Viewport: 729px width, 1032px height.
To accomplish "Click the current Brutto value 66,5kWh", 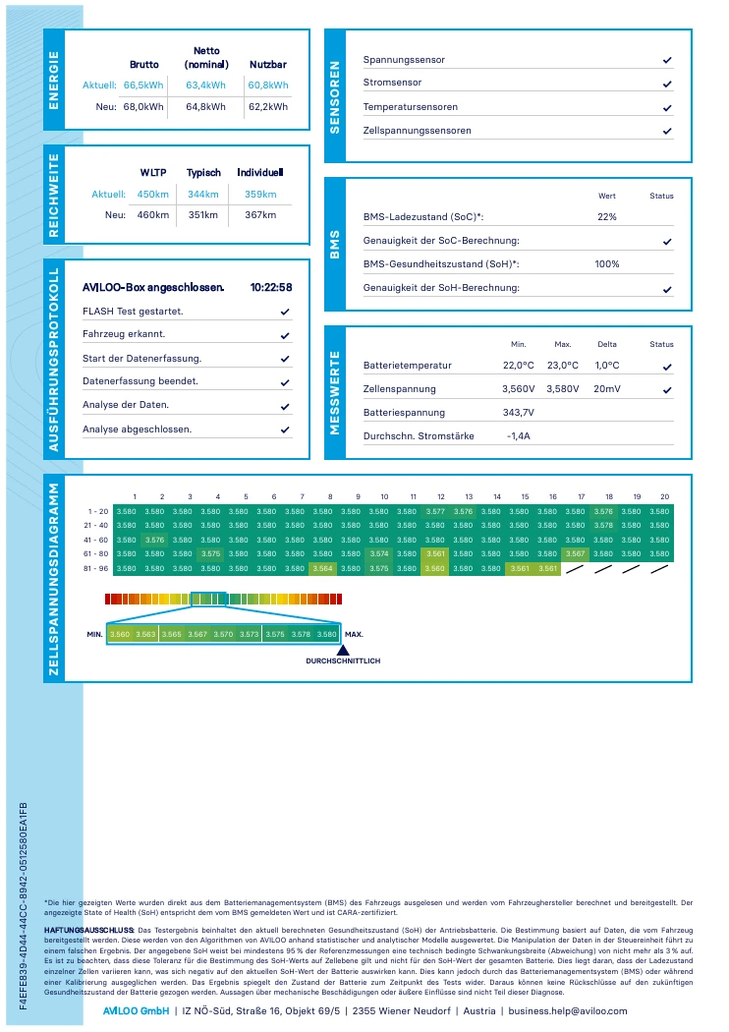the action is pos(143,85).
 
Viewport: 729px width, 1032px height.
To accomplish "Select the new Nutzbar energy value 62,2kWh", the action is pos(268,106).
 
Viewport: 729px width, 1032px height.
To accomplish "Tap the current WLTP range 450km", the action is pos(152,195).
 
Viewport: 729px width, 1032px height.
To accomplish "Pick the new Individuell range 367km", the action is pos(260,214).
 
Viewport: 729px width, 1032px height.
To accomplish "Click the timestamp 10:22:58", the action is pos(271,287).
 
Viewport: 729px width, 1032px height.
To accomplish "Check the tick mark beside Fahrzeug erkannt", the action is pos(285,336).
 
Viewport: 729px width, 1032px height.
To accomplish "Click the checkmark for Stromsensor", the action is pos(667,85).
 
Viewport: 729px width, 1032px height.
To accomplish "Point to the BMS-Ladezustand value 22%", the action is pos(606,216).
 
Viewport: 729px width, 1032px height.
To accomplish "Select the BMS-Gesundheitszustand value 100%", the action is pos(606,264).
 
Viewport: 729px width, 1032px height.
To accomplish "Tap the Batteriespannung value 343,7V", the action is pos(519,412).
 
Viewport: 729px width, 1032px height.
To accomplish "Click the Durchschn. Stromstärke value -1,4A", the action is pos(519,435).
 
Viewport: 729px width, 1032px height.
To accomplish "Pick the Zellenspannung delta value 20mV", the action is pos(606,388).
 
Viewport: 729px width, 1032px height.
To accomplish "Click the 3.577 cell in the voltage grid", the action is pos(435,511).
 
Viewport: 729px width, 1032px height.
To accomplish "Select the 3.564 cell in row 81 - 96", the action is pos(322,569).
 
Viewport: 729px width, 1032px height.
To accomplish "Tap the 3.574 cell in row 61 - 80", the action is pos(379,554).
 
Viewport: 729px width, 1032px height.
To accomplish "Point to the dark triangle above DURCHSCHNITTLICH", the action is pos(343,651).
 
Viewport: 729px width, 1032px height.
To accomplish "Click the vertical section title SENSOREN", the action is pos(335,97).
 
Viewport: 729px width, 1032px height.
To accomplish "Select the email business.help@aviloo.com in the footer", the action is pos(568,1011).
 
